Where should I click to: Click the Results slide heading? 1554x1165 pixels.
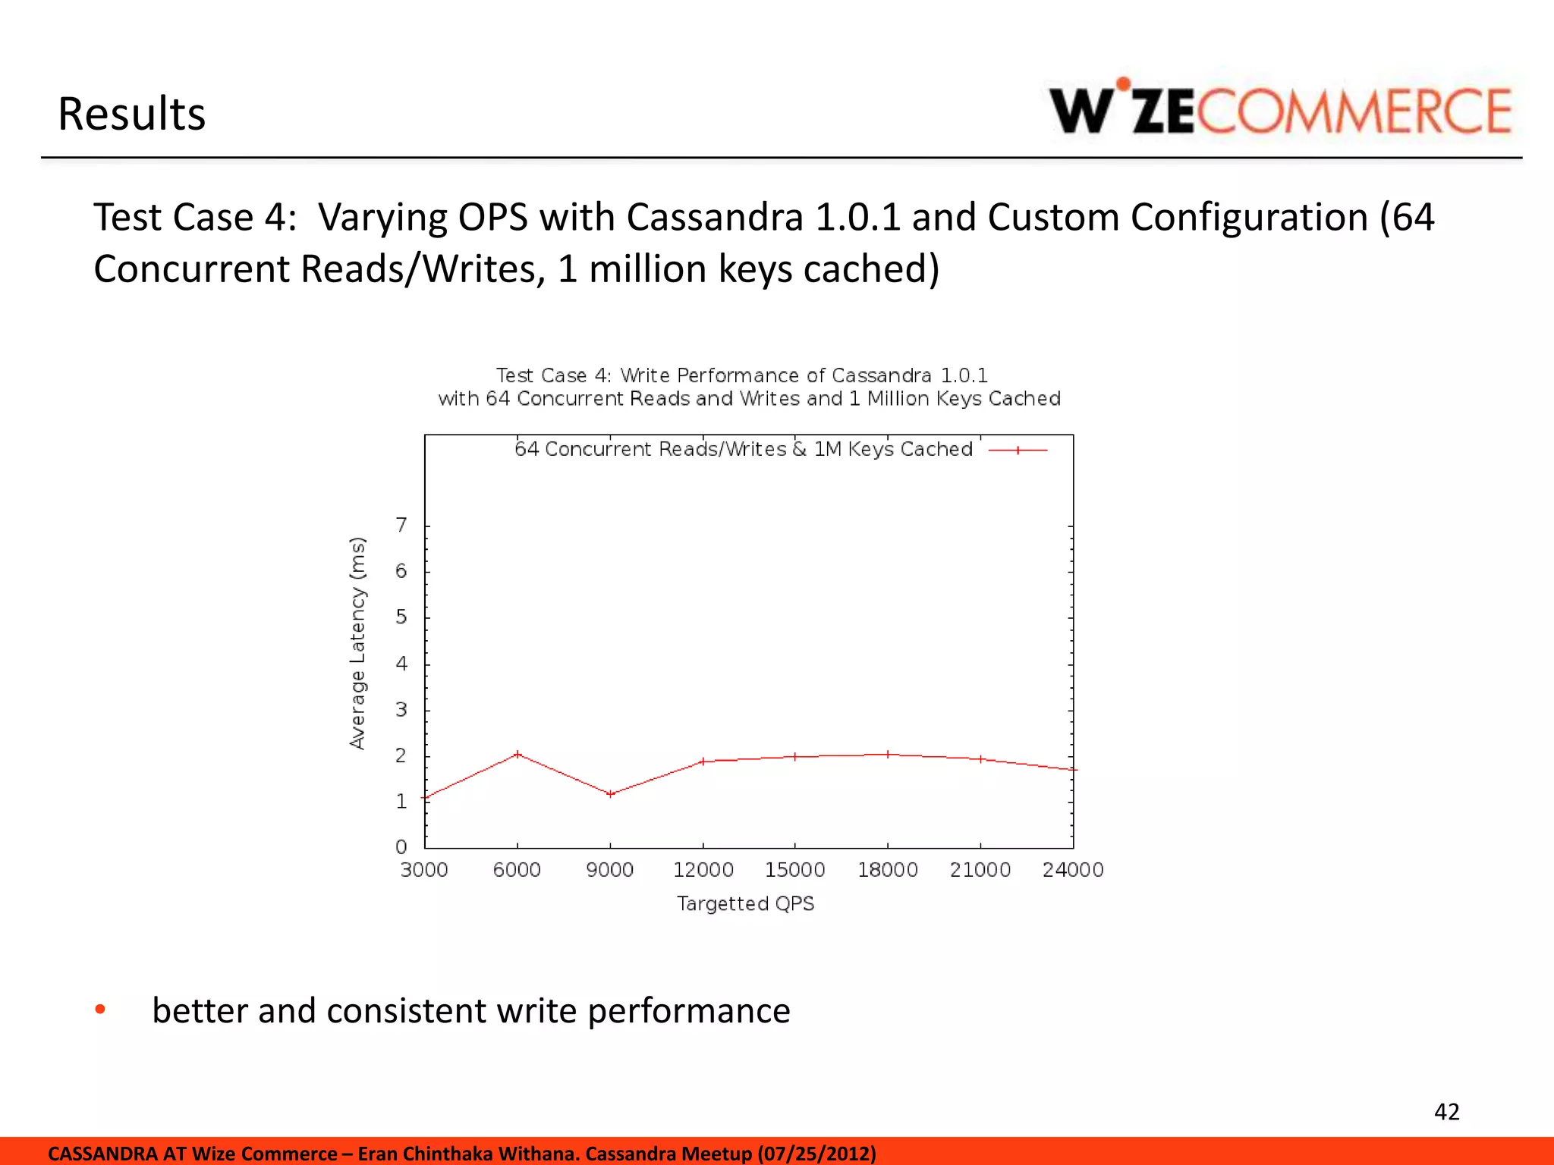click(x=131, y=115)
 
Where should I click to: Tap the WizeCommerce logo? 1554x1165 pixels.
click(x=1280, y=109)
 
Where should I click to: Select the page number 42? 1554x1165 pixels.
click(x=1446, y=1112)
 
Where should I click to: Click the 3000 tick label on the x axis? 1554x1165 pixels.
click(x=424, y=870)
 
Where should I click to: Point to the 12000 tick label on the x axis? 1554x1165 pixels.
click(x=703, y=870)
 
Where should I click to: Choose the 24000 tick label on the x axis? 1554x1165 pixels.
click(x=1072, y=870)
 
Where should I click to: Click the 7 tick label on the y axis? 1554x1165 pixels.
click(x=401, y=525)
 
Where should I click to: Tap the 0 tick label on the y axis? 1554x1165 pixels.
click(x=401, y=846)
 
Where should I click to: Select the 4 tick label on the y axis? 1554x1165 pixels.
click(x=401, y=664)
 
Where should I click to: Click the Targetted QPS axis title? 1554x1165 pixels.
click(x=745, y=903)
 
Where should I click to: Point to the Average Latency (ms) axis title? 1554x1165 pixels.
click(x=357, y=643)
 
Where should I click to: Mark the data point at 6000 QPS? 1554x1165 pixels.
click(x=517, y=754)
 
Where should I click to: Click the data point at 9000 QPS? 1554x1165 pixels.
click(x=610, y=794)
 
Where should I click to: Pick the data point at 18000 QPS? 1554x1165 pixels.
click(x=888, y=754)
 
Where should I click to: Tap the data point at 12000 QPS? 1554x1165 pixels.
click(x=703, y=761)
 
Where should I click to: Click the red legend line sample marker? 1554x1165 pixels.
click(x=1018, y=450)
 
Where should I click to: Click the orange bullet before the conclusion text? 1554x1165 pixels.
click(x=100, y=1009)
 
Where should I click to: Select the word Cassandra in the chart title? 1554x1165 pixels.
click(x=881, y=375)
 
